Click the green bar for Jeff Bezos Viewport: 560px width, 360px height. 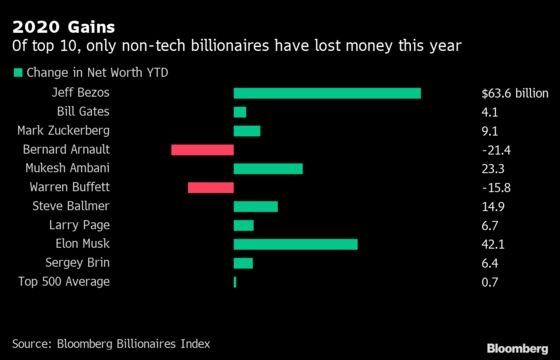click(327, 93)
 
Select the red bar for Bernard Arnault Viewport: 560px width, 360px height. click(202, 149)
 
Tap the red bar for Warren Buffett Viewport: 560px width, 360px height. click(211, 187)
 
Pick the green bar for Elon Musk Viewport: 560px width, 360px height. click(295, 244)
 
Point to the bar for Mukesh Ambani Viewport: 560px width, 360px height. click(268, 168)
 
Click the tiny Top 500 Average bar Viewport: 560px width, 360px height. click(235, 282)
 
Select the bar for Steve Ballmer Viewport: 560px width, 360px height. click(255, 206)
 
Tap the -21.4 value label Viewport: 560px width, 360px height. click(495, 149)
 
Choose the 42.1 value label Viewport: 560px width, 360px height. click(493, 244)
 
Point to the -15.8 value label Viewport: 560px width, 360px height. click(495, 187)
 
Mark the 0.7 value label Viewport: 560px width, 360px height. click(490, 282)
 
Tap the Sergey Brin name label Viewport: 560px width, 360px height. click(85, 263)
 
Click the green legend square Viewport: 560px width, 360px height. click(17, 72)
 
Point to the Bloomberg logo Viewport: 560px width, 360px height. click(518, 347)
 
